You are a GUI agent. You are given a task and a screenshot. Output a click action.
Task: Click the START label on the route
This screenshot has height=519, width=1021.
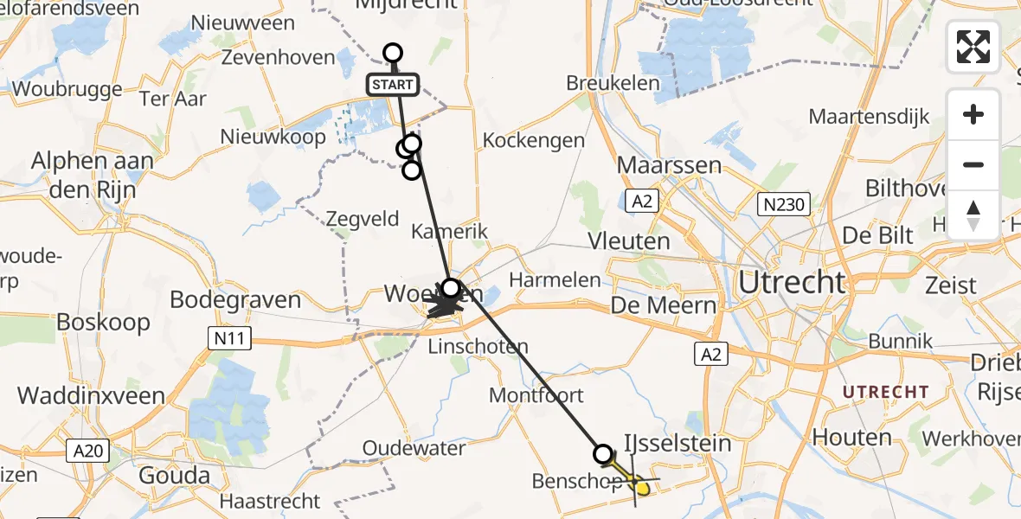[394, 85]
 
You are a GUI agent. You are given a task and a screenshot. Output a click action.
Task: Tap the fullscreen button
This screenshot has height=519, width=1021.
[973, 47]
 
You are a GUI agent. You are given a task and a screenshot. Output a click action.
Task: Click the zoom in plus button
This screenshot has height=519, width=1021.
[973, 114]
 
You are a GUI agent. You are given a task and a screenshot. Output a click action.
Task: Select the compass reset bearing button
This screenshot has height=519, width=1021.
[973, 215]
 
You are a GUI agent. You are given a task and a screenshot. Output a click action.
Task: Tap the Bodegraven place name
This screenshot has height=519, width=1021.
[235, 300]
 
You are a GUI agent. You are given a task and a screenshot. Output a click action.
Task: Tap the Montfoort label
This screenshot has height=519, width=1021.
[536, 395]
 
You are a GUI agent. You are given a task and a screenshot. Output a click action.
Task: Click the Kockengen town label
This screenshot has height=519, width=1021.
[534, 140]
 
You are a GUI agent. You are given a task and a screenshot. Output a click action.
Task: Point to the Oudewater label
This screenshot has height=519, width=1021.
[414, 449]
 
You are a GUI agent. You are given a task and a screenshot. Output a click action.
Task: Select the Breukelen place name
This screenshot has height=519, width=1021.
[613, 84]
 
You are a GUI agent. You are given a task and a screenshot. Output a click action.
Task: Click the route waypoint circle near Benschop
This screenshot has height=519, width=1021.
[603, 453]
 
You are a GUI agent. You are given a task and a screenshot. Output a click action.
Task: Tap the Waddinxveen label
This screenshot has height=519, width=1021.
[91, 395]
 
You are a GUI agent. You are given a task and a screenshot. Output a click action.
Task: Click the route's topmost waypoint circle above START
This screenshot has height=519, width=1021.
[393, 53]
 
